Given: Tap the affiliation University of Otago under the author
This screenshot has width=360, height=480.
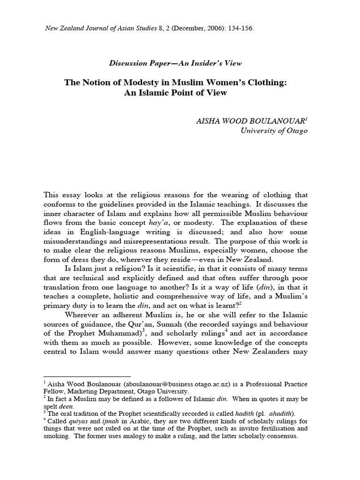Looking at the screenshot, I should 274,131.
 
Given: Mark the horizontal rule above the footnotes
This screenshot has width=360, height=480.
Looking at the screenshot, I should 87,376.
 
